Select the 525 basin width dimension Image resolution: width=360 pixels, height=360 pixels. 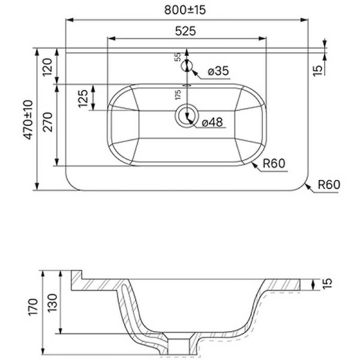pos(186,30)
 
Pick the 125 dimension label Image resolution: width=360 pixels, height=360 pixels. pos(84,98)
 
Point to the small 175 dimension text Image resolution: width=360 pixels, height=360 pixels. pos(178,95)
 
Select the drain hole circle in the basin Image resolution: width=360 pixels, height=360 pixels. pos(187,115)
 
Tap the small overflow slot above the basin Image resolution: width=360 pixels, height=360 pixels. pos(187,85)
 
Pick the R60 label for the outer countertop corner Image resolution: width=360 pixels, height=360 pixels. pos(328,185)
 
